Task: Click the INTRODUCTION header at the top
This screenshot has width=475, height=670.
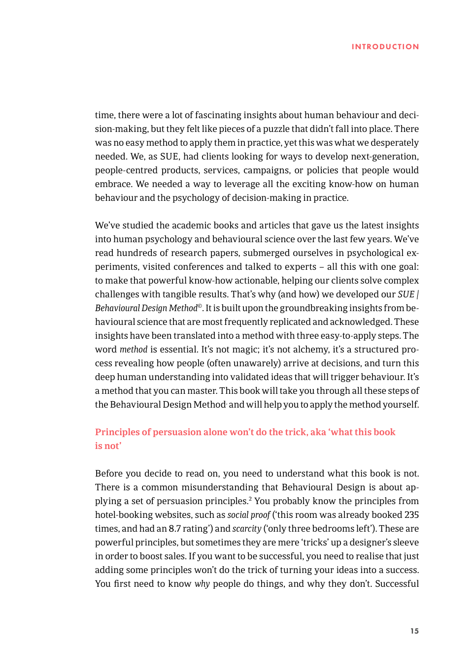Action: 385,47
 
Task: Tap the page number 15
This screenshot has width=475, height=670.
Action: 414,631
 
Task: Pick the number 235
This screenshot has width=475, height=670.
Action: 411,515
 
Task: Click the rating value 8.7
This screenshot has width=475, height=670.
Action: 174,529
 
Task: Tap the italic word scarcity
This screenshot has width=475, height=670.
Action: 246,529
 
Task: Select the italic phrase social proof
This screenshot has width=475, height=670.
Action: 248,515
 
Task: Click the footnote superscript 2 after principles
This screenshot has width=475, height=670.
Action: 250,499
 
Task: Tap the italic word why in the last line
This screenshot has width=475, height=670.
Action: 202,584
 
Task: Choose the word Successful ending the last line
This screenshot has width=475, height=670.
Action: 397,584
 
